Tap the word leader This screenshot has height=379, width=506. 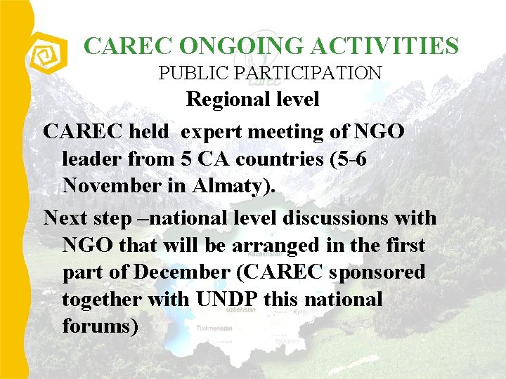tap(92, 159)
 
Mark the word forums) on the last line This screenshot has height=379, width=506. tap(100, 326)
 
